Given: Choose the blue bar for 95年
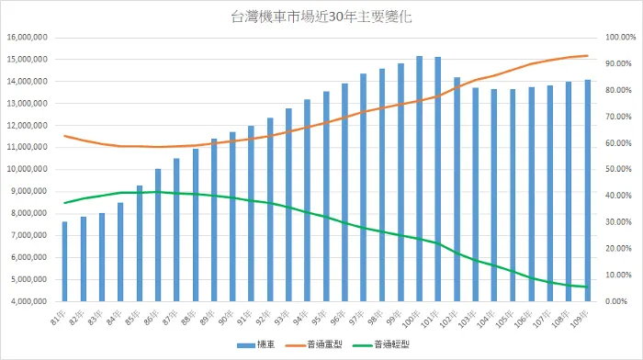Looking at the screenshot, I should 326,197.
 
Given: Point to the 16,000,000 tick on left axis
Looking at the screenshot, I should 28,38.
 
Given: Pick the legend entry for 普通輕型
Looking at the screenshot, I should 388,344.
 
